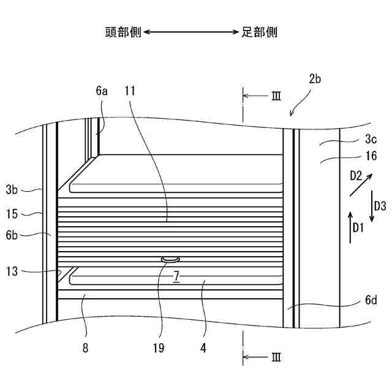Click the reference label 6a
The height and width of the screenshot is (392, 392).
pyautogui.click(x=102, y=91)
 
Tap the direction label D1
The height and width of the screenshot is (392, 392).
pyautogui.click(x=358, y=228)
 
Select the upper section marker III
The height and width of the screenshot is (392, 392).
pyautogui.click(x=276, y=96)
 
